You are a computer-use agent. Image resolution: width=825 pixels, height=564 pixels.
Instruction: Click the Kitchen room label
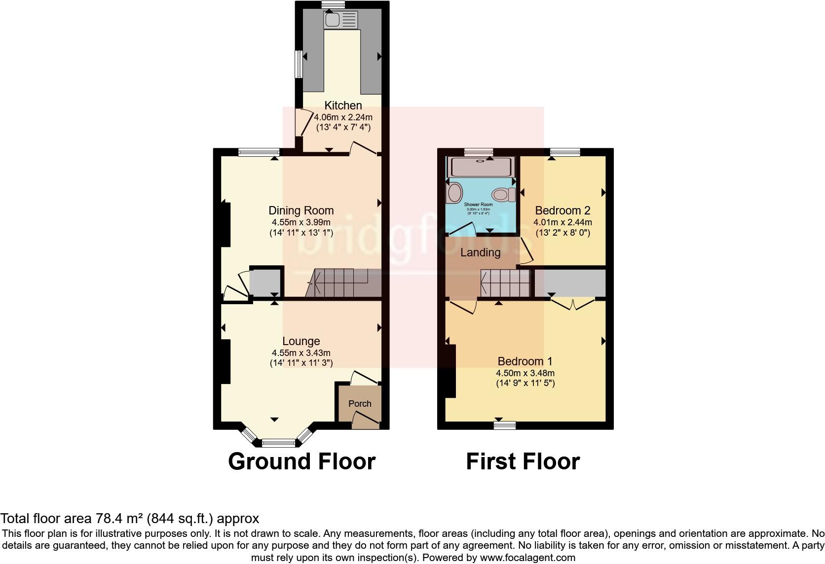(343, 106)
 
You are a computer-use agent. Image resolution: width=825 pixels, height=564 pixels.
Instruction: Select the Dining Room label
(301, 211)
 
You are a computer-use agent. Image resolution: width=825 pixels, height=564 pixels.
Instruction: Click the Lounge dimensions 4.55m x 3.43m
(301, 353)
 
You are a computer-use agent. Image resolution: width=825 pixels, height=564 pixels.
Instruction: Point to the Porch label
(360, 403)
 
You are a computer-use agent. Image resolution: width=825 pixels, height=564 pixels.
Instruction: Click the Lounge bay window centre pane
(278, 442)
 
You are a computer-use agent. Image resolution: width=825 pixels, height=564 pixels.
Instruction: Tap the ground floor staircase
(340, 283)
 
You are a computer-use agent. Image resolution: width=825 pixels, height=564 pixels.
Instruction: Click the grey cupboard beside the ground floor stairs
(265, 282)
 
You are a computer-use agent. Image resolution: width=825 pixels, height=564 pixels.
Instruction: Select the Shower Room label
(478, 204)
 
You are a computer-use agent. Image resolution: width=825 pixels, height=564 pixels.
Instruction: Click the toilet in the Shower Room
(503, 195)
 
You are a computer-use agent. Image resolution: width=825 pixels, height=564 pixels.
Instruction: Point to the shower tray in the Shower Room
(480, 167)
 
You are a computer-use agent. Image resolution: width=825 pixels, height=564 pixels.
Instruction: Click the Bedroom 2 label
(562, 211)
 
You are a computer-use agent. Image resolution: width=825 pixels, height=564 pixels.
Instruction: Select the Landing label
(480, 253)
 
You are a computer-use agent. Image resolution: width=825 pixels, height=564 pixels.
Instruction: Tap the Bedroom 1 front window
(505, 425)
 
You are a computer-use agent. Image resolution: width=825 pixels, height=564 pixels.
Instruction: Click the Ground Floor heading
(301, 461)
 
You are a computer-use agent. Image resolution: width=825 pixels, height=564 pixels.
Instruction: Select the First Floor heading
(523, 461)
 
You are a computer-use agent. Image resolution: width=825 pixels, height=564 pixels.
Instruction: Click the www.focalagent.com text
(528, 558)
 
